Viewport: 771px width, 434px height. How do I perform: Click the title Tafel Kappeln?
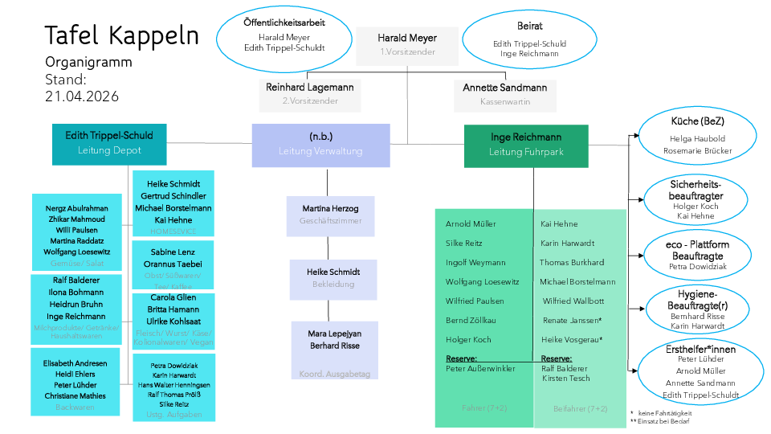(x=121, y=35)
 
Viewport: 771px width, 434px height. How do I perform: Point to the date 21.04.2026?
(x=82, y=96)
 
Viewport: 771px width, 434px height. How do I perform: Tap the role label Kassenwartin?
(x=504, y=101)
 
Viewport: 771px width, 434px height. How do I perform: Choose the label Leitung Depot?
(x=109, y=150)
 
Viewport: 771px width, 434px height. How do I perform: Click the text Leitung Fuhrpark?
(x=526, y=151)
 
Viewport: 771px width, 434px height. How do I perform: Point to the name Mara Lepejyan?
(x=334, y=333)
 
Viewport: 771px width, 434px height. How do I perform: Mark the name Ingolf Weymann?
(x=475, y=263)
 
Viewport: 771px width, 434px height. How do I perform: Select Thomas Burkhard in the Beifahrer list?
(x=571, y=263)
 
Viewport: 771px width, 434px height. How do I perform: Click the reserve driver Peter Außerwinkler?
(x=480, y=368)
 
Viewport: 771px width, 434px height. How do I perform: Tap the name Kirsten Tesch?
(x=565, y=378)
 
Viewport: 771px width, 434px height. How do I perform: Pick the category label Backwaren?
(x=75, y=407)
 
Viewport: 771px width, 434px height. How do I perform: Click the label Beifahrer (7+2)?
(x=580, y=408)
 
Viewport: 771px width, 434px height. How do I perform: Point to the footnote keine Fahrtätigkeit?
(x=664, y=413)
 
